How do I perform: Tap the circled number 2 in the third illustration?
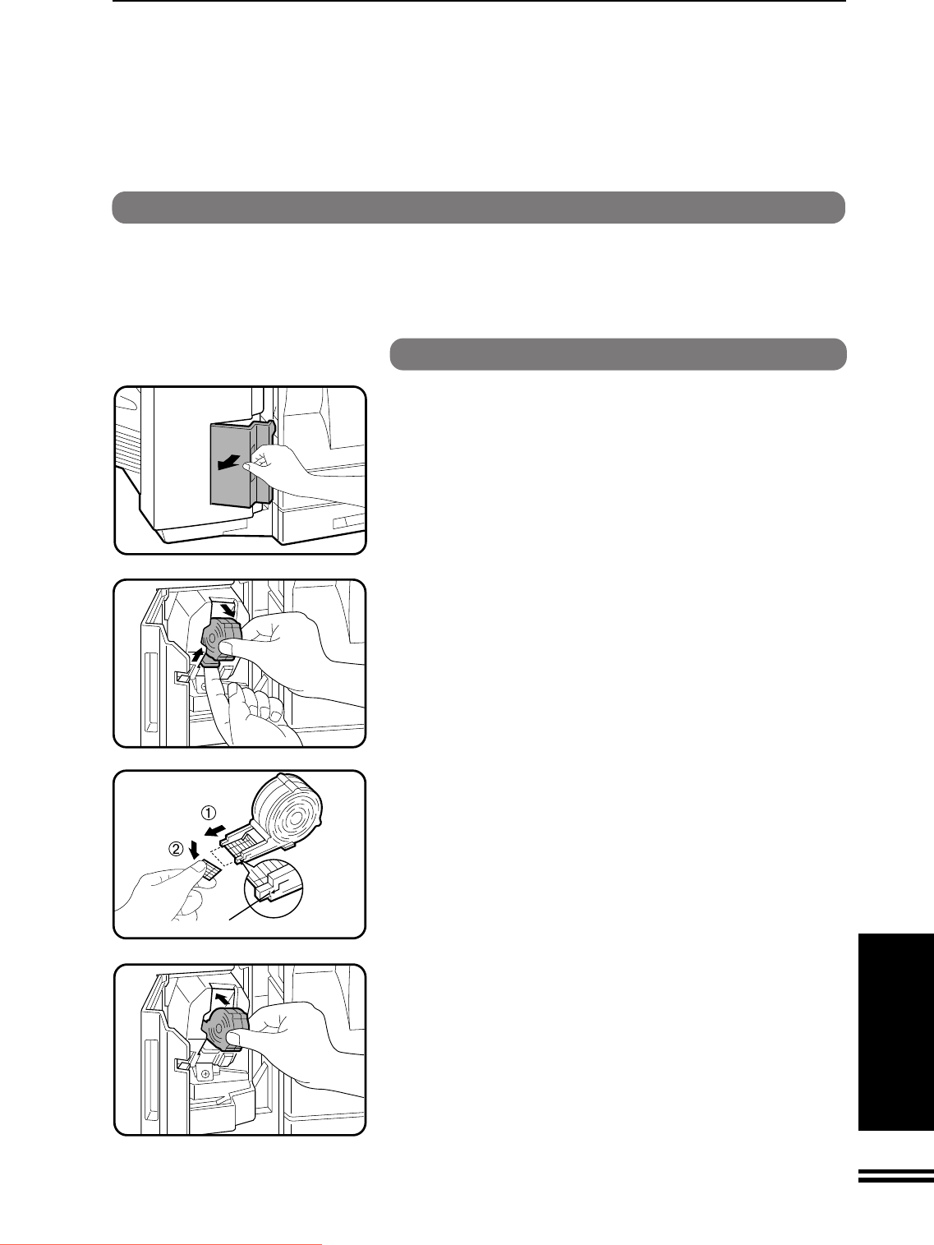click(x=177, y=849)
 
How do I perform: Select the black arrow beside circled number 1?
click(x=214, y=832)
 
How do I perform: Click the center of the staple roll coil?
click(x=295, y=819)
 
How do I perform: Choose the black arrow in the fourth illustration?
click(x=224, y=997)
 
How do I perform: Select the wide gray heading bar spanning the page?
click(x=478, y=208)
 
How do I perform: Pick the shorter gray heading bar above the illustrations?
click(x=618, y=354)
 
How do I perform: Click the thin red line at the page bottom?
click(x=161, y=1243)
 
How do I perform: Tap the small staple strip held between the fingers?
click(x=210, y=868)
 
